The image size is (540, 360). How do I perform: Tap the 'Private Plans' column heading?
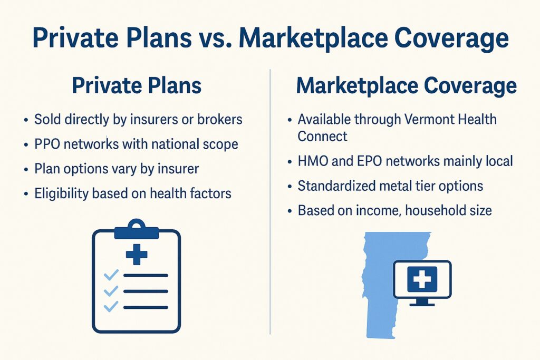point(137,86)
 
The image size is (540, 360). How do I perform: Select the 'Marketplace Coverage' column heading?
point(407,86)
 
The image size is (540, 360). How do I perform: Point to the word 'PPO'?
point(47,144)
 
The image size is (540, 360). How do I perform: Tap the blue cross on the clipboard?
point(137,255)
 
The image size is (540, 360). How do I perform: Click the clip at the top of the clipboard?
point(137,229)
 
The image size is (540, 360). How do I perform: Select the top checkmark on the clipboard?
point(111,275)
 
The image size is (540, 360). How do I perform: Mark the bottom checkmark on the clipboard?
point(111,306)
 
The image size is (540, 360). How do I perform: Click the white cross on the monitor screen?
point(422,279)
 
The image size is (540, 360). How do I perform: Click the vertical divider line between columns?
point(270,202)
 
